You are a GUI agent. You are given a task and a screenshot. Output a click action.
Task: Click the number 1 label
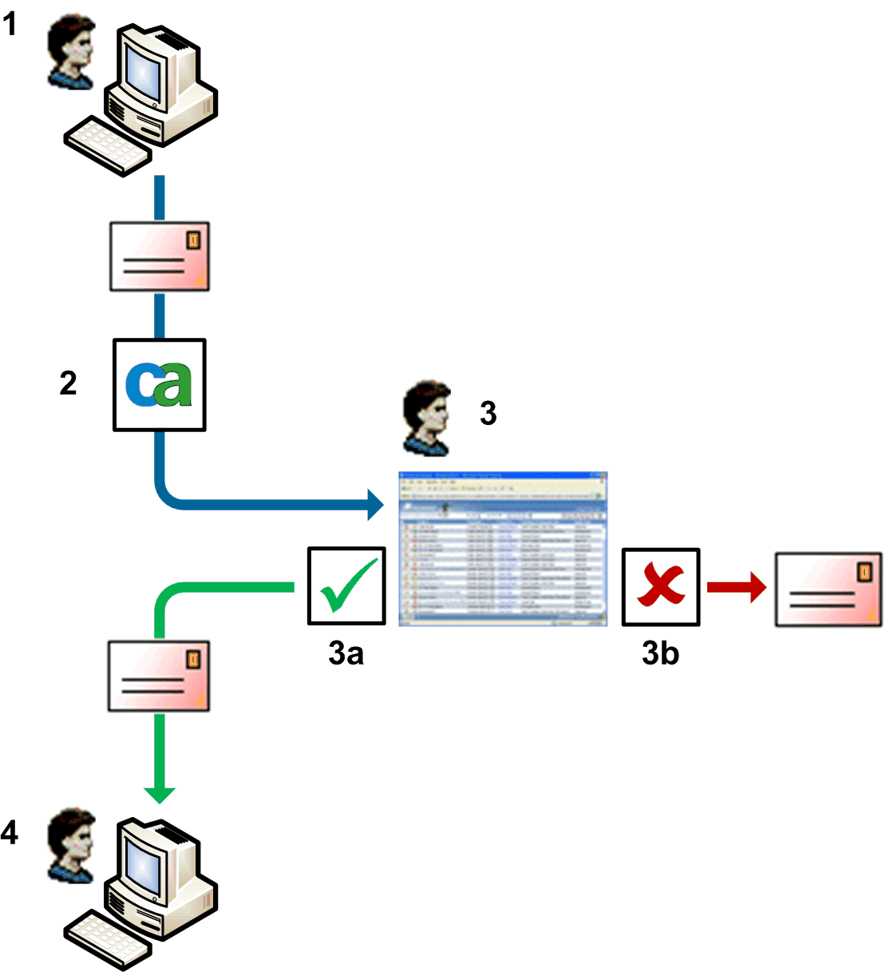point(10,24)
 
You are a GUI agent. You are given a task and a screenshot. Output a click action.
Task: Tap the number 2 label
point(69,383)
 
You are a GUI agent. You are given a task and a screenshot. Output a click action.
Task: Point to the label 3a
point(346,653)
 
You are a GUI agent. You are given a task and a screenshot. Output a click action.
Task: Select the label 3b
point(660,653)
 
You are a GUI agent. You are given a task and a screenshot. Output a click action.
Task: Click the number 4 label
point(10,833)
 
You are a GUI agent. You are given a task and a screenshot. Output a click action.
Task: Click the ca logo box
point(160,385)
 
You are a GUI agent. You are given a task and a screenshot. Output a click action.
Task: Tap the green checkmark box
point(346,586)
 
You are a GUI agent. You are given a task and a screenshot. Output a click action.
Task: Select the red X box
point(660,586)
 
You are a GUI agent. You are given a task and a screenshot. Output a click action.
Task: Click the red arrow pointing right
point(736,589)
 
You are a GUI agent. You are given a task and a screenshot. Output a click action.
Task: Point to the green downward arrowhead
point(160,794)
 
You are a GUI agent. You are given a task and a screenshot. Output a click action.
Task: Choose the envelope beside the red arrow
point(829,589)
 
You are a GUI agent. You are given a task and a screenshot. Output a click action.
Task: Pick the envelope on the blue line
point(160,256)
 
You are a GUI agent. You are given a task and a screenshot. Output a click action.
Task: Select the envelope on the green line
point(159,676)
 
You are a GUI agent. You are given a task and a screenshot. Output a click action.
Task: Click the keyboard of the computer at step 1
point(108,146)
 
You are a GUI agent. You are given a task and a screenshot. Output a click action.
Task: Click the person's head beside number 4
point(72,843)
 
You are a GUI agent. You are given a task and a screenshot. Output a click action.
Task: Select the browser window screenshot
point(503,548)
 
